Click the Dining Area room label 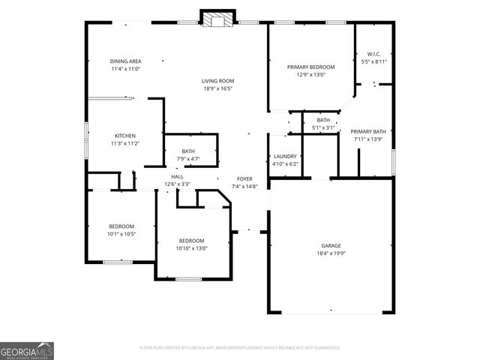pyautogui.click(x=125, y=61)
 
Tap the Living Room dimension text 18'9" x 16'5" pyautogui.click(x=217, y=88)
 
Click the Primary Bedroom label pyautogui.click(x=310, y=67)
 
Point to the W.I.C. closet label pyautogui.click(x=373, y=54)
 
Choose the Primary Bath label pyautogui.click(x=367, y=131)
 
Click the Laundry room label pyautogui.click(x=286, y=156)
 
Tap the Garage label pyautogui.click(x=331, y=245)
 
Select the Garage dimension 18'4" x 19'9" pyautogui.click(x=331, y=253)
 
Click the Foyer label pyautogui.click(x=244, y=178)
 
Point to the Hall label pyautogui.click(x=177, y=176)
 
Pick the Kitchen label pyautogui.click(x=125, y=136)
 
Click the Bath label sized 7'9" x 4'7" pyautogui.click(x=187, y=151)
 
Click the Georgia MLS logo pyautogui.click(x=27, y=350)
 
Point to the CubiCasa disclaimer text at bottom pyautogui.click(x=240, y=348)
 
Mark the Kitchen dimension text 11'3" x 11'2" pyautogui.click(x=125, y=143)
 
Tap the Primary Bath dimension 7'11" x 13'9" pyautogui.click(x=367, y=139)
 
